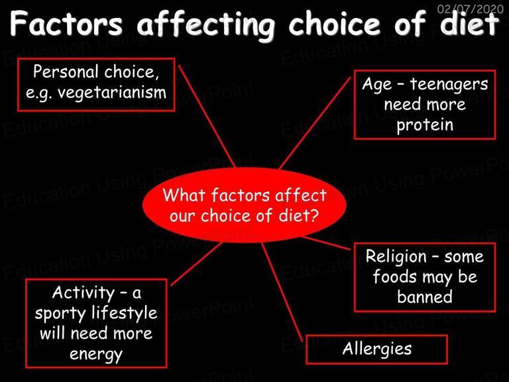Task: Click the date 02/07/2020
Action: (471, 9)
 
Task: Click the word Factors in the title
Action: (66, 24)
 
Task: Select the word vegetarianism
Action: (112, 94)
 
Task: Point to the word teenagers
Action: (449, 85)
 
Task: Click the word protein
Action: (425, 125)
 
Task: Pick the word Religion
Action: (396, 257)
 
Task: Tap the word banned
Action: (425, 297)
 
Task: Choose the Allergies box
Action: (377, 350)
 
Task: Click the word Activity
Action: (83, 292)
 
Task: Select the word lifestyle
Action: (125, 313)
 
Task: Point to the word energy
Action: (96, 354)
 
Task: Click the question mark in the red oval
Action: (315, 216)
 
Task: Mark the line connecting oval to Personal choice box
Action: (207, 116)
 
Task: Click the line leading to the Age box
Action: (315, 123)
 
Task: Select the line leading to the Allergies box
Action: (282, 292)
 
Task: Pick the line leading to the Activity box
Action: (196, 264)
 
